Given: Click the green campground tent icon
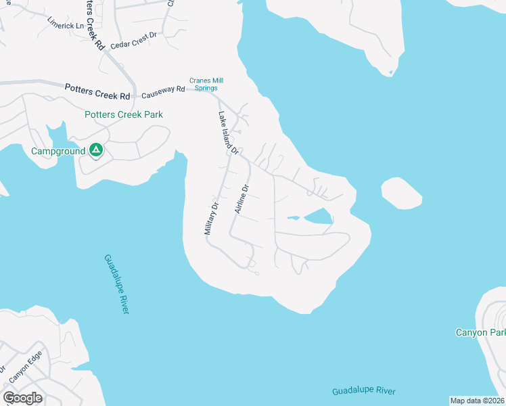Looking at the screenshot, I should [x=96, y=150].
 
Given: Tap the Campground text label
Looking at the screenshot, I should [x=58, y=151].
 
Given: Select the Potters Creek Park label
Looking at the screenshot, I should [x=123, y=114].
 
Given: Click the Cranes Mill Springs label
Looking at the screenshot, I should [x=206, y=85].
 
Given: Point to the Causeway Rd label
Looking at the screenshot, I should [x=163, y=89].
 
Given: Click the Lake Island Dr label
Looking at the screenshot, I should [x=228, y=133].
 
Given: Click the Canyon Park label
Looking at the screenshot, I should [x=480, y=332].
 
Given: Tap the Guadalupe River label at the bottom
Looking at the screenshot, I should [x=364, y=391].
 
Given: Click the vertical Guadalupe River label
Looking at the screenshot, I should [x=116, y=284].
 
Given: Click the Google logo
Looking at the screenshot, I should [x=22, y=397].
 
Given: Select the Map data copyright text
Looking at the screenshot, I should [x=477, y=401].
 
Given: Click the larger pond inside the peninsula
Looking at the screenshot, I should [x=317, y=217].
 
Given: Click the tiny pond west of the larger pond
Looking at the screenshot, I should [x=293, y=218].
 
